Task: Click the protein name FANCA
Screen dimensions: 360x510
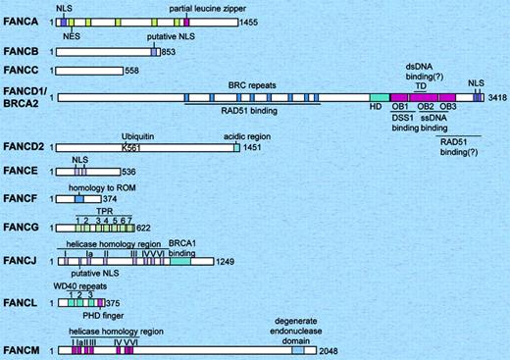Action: pos(21,21)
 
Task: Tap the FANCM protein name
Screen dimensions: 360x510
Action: pos(21,349)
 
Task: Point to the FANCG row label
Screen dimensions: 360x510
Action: pos(21,228)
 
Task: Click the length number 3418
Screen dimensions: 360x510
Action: pos(496,99)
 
